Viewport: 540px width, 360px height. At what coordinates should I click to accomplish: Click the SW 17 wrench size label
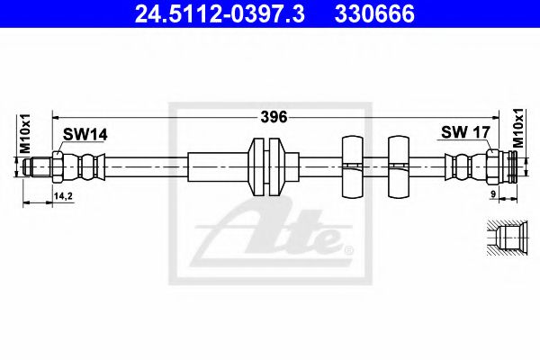(x=464, y=133)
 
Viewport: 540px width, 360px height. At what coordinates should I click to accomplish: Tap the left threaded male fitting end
(x=38, y=166)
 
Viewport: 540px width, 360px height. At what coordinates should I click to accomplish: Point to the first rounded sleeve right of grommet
(x=350, y=166)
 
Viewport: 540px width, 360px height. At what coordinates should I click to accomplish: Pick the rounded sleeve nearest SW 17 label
(x=398, y=166)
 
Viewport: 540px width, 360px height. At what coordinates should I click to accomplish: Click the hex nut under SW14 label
(x=58, y=166)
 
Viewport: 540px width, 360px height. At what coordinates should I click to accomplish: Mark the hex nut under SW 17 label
(x=492, y=166)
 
